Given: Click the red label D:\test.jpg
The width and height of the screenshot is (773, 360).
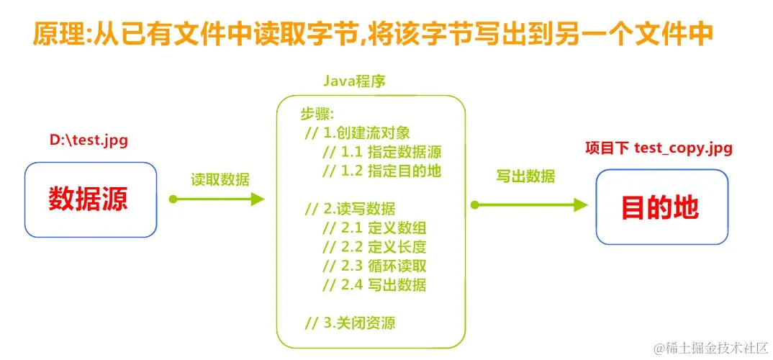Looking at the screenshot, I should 89,140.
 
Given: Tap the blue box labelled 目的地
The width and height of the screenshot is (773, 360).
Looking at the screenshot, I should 661,207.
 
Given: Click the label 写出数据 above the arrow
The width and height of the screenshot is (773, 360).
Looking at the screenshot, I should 525,176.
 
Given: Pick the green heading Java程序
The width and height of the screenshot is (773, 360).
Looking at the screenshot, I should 353,81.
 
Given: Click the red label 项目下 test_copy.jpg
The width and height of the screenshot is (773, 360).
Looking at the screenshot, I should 659,148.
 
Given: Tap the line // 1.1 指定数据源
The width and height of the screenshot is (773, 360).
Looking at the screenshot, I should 381,152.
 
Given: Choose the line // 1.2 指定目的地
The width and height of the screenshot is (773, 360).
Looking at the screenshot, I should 381,171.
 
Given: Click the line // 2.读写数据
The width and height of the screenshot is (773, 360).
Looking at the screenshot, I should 350,209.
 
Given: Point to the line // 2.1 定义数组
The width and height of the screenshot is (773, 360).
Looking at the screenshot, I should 374,228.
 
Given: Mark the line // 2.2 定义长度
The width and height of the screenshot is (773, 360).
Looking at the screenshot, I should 374,247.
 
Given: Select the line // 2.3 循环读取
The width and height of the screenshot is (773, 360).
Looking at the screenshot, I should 374,266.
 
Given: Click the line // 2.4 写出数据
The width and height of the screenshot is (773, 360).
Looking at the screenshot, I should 374,284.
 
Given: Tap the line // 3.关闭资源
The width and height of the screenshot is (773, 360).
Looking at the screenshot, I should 350,323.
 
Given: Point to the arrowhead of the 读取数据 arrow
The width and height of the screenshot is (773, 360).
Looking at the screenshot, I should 258,199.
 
